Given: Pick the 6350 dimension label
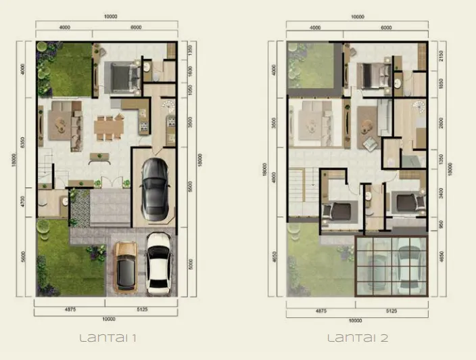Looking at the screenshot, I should click(23, 144).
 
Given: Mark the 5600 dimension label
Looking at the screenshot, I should click(22, 257).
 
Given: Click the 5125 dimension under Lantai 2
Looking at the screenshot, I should click(390, 311).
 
